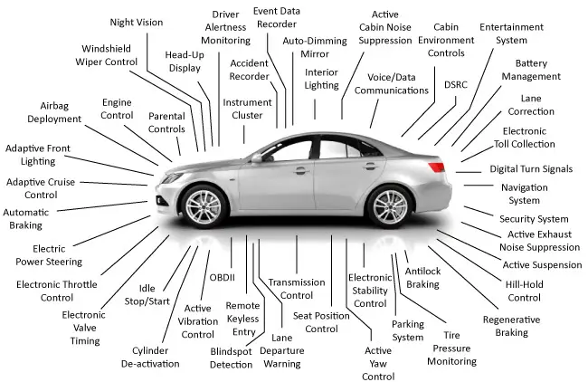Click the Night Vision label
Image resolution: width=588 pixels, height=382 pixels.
pos(137,23)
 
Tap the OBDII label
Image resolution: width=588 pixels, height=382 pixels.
pos(222,277)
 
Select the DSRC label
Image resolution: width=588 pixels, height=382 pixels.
pos(456,85)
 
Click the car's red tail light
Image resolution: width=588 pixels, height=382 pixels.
pos(436,167)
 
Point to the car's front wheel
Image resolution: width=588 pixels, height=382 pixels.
pos(204,206)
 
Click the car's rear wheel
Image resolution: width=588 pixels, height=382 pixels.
pos(390,206)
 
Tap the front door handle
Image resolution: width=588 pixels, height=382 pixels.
pos(301,171)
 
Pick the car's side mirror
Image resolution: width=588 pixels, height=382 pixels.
pos(257,158)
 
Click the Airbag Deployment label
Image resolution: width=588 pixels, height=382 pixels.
pos(54,112)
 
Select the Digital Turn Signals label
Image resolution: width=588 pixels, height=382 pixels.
pos(531,169)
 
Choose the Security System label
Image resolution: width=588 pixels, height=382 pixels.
pos(534,219)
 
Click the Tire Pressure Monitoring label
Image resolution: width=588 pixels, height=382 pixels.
pos(452,349)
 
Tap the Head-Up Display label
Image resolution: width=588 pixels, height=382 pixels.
pos(185,62)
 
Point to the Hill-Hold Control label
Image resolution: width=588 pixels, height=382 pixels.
pos(525,291)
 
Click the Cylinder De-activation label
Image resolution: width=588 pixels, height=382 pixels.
pos(150,358)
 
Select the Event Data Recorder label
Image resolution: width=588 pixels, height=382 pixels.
pos(277,17)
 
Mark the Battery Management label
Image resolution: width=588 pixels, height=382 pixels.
pos(531,70)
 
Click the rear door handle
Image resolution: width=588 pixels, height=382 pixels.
pos(370,166)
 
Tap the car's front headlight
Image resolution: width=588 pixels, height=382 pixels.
pos(172,177)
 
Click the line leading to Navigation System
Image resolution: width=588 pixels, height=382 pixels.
pos(479,185)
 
